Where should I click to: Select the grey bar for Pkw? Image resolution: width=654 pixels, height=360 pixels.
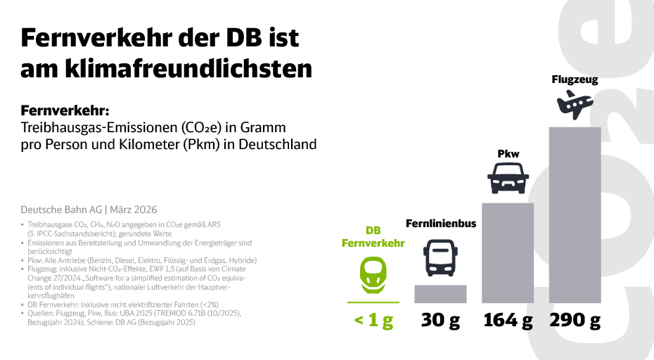click(507, 253)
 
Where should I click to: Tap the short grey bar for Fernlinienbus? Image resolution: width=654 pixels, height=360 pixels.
click(440, 293)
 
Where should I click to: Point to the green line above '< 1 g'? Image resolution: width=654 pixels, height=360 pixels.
click(373, 302)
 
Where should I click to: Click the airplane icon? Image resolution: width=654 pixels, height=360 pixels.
click(575, 105)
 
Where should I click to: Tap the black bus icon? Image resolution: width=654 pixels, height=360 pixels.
click(440, 258)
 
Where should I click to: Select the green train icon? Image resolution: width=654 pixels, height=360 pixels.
click(373, 274)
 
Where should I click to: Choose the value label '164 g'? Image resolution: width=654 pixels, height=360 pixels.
click(507, 321)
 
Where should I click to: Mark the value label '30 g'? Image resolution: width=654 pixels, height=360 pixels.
click(440, 321)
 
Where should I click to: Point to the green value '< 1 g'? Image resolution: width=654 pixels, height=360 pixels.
click(373, 321)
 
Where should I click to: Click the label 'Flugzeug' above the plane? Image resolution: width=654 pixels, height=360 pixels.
click(575, 79)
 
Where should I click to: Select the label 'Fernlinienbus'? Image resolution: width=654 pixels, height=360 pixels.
click(441, 224)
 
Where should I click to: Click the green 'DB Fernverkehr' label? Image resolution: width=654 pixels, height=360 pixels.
click(373, 237)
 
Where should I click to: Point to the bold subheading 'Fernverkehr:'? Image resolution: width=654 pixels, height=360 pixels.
click(66, 111)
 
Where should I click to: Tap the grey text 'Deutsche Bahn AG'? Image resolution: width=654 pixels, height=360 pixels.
click(60, 210)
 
